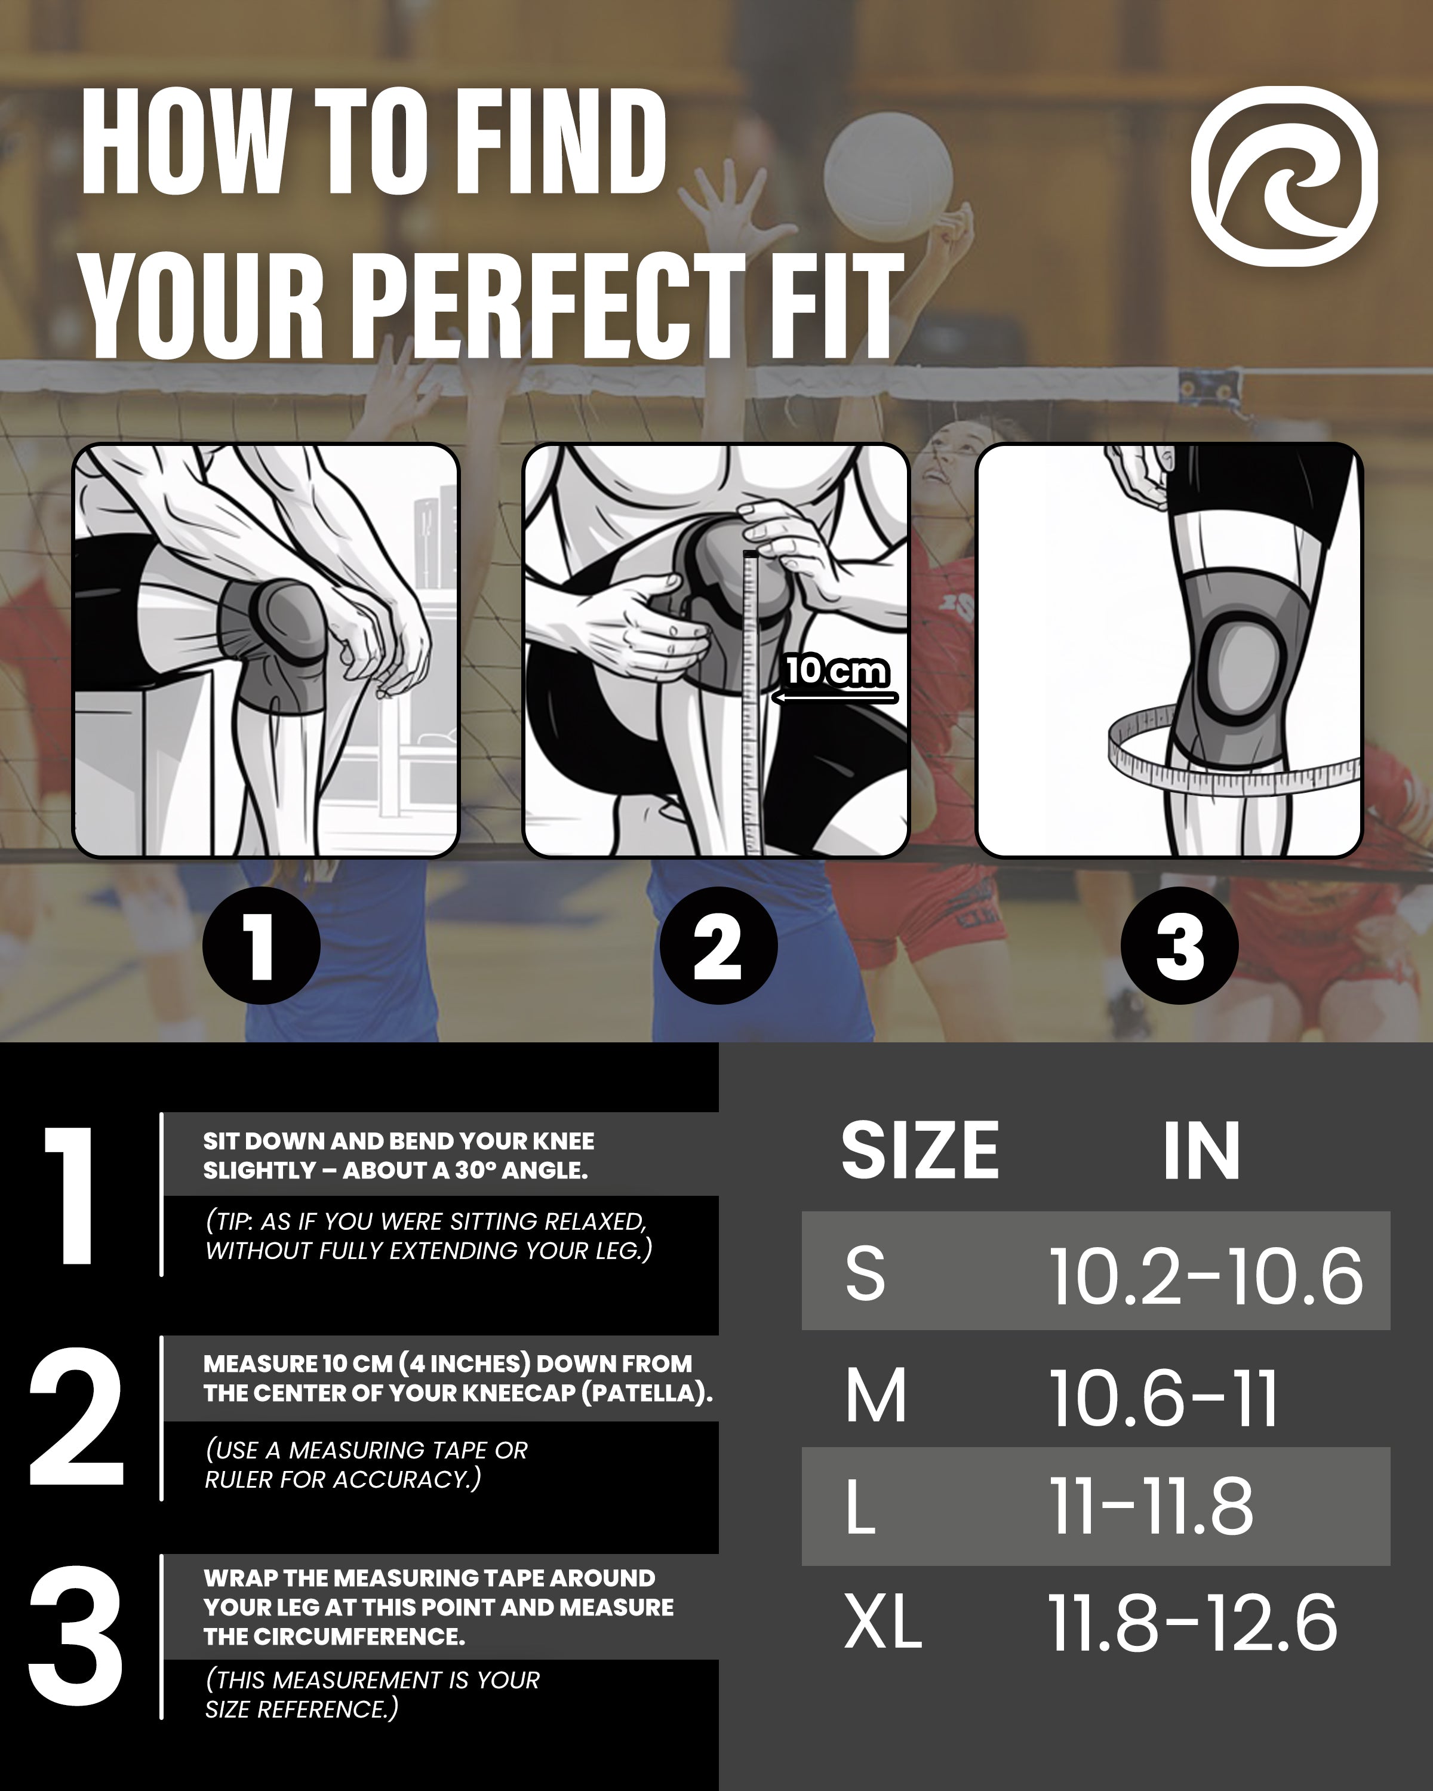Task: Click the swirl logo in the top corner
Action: coord(1284,176)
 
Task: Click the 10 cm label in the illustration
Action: coord(837,670)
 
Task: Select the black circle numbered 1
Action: coord(261,945)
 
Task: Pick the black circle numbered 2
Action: coord(718,945)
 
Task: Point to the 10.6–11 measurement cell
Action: coord(1163,1399)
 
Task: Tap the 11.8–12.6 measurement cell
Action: coord(1193,1623)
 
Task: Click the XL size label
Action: coord(883,1623)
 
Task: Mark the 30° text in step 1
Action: coord(473,1171)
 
